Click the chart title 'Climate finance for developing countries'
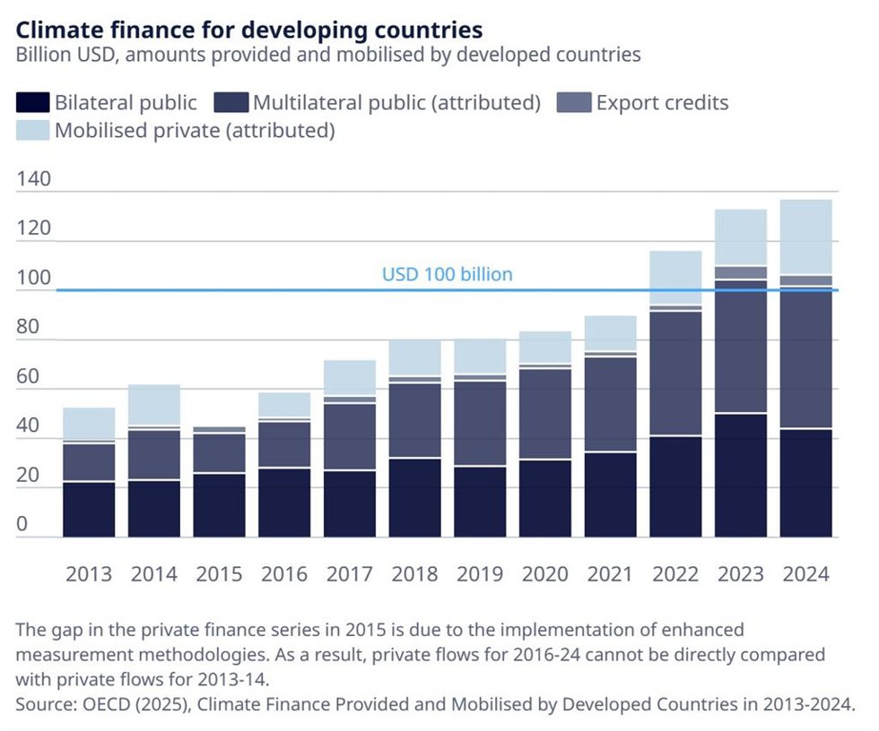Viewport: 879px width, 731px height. (x=249, y=30)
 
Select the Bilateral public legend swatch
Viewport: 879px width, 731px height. (x=32, y=103)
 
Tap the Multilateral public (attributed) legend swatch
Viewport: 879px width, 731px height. (x=231, y=103)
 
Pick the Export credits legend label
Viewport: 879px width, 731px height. (x=662, y=103)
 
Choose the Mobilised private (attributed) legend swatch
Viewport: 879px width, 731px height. (x=32, y=131)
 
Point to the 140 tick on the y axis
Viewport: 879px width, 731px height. (x=34, y=179)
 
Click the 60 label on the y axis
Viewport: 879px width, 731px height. (x=28, y=376)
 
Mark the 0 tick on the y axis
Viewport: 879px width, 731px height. (x=22, y=524)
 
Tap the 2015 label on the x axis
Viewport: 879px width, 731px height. (x=219, y=574)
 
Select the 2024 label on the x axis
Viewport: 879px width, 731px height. (x=805, y=574)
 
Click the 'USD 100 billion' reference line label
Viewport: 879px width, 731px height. (x=448, y=274)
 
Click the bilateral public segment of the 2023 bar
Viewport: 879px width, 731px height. (x=741, y=476)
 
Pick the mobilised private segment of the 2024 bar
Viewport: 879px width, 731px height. (x=805, y=236)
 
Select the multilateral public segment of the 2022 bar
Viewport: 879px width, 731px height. (x=675, y=374)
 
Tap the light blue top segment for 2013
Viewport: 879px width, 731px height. (x=89, y=424)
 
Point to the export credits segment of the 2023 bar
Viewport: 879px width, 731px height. (x=741, y=272)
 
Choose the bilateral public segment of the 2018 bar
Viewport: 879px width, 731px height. (x=414, y=498)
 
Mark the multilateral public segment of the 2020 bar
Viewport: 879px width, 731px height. (x=545, y=414)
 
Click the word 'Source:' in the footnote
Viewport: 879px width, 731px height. (x=47, y=704)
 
